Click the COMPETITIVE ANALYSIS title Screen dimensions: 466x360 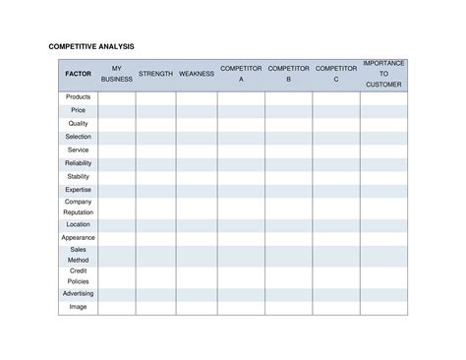(x=91, y=46)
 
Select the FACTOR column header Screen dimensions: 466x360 (x=78, y=74)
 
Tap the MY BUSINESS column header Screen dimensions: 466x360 (x=117, y=74)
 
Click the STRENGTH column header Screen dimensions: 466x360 (x=155, y=74)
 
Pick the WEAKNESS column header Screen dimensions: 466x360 (x=197, y=74)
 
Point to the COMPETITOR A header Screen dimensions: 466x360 (x=241, y=74)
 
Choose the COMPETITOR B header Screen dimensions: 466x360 (x=289, y=74)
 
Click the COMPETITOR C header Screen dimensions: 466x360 (x=336, y=74)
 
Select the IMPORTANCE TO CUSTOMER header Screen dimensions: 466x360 (x=383, y=74)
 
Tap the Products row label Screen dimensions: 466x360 (x=78, y=97)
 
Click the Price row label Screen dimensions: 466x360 (x=78, y=110)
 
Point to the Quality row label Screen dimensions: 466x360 (x=78, y=124)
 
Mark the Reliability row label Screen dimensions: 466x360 (x=78, y=163)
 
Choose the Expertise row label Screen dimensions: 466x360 (x=78, y=190)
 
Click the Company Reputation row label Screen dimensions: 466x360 (x=78, y=207)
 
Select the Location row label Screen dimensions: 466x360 (x=78, y=224)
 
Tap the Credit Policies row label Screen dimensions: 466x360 (x=78, y=275)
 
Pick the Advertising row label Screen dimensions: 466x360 (x=78, y=293)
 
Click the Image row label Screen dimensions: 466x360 (x=78, y=307)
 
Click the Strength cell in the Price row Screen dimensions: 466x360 (x=155, y=111)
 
